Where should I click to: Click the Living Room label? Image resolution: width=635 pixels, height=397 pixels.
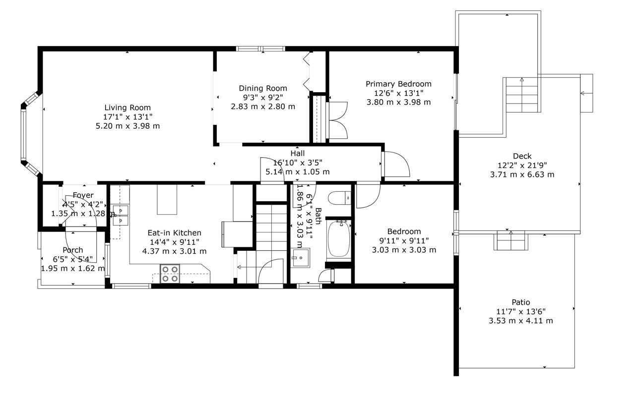(x=127, y=108)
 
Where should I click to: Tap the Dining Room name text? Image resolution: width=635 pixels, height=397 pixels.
(x=263, y=88)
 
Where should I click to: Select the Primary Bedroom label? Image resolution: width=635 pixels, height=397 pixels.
(x=398, y=84)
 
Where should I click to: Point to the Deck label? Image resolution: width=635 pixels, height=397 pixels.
(x=522, y=156)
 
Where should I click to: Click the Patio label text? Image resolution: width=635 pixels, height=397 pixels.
(x=521, y=302)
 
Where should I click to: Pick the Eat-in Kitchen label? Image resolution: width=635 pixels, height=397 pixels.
(x=174, y=233)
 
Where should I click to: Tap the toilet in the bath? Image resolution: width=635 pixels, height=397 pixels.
(x=340, y=198)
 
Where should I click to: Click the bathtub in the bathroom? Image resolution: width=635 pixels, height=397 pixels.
(x=339, y=239)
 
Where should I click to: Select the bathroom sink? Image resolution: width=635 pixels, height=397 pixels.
(x=301, y=258)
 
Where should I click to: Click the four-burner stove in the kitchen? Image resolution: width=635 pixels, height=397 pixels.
(x=170, y=274)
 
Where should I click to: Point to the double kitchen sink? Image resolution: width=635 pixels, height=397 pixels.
(x=121, y=215)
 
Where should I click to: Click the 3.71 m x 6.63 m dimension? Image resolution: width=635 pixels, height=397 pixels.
(x=522, y=174)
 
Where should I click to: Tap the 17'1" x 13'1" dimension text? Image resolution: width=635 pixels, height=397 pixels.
(x=127, y=116)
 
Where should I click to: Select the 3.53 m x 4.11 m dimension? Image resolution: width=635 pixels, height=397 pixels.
(x=521, y=321)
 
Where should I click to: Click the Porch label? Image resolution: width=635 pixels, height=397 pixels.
(x=73, y=250)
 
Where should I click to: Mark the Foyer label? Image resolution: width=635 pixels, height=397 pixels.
(x=83, y=195)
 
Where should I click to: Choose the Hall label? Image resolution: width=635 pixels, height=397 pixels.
(x=297, y=153)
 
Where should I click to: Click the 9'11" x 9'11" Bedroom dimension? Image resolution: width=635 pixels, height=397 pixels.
(x=404, y=241)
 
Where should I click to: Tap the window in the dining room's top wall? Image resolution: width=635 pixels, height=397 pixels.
(x=260, y=49)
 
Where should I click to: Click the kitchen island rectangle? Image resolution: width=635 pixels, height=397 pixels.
(x=167, y=199)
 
